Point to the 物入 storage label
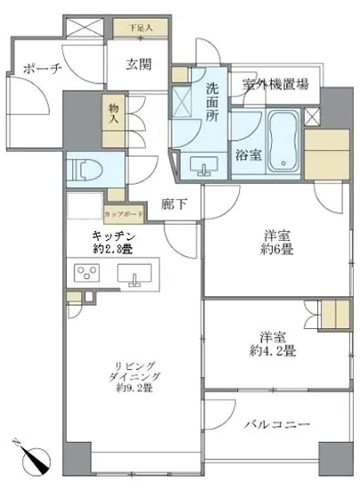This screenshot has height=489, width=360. click(114, 114)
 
